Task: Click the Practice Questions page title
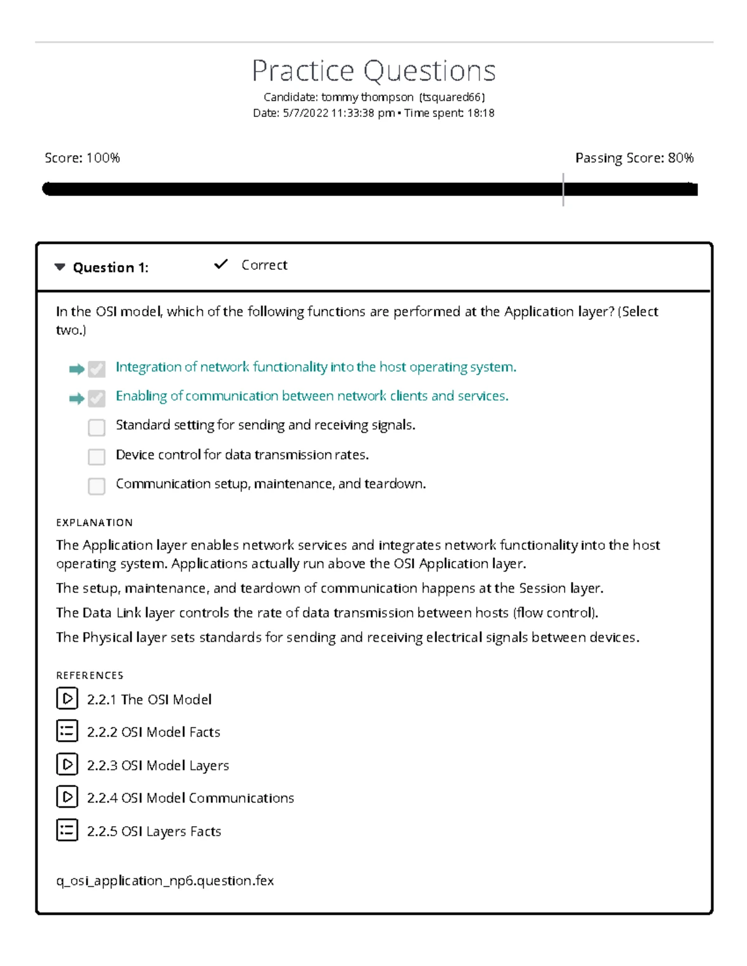point(374,71)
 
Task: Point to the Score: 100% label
point(82,158)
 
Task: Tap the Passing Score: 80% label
point(634,158)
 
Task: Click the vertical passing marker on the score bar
point(563,189)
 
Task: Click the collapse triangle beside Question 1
point(60,267)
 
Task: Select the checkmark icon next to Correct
point(220,264)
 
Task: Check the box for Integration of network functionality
point(96,369)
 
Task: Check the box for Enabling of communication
point(96,398)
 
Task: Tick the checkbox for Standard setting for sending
point(96,427)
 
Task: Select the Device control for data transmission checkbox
point(96,457)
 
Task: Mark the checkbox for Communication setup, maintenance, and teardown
point(96,486)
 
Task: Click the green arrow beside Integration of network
point(77,369)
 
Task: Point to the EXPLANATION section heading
point(94,522)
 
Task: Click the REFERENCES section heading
point(90,676)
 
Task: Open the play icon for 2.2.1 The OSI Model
point(67,699)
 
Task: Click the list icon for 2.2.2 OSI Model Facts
point(67,731)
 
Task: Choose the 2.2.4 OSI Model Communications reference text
point(190,798)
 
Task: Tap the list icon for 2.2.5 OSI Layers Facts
point(67,830)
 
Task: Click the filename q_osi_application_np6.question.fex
point(165,881)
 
